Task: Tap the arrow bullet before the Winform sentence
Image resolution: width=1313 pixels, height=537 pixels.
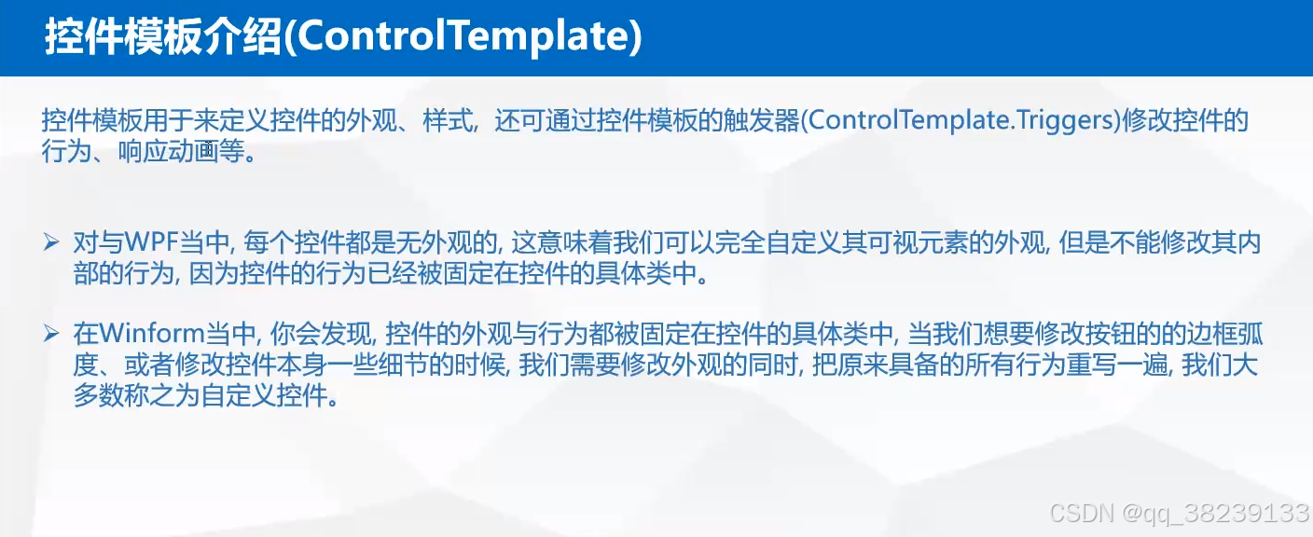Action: [52, 334]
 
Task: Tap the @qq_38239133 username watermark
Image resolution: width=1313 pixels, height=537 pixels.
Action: [1216, 512]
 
